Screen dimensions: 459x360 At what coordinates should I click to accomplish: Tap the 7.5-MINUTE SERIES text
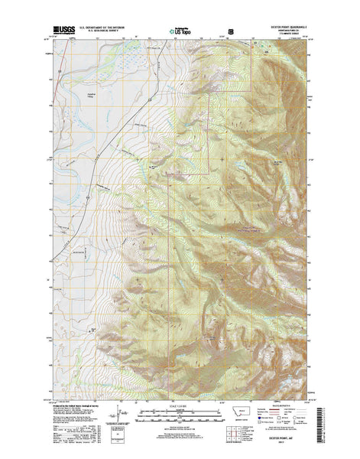coord(284,31)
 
